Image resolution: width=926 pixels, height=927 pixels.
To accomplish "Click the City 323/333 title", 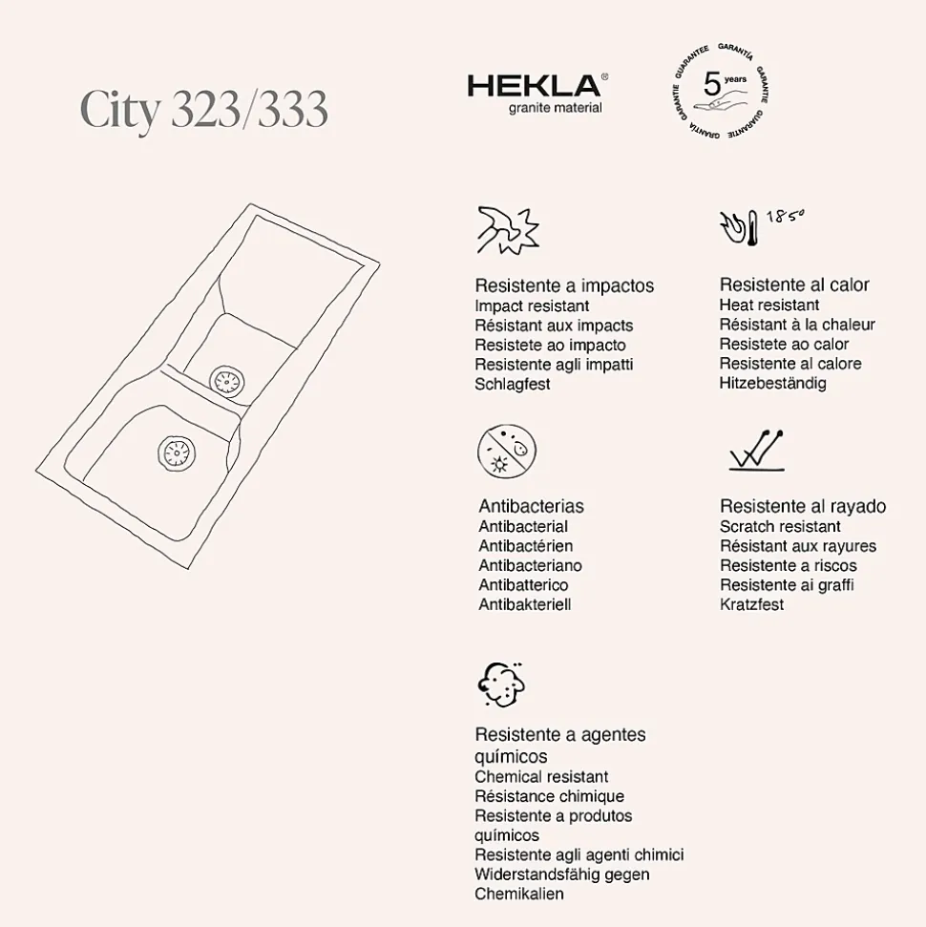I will tap(204, 112).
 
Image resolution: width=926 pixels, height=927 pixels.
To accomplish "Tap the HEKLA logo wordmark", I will tap(535, 86).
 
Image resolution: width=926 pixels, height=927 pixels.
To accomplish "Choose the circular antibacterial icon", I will tap(506, 453).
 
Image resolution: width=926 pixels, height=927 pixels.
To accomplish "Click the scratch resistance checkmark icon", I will tap(756, 450).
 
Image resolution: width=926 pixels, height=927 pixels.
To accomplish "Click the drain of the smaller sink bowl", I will tap(229, 380).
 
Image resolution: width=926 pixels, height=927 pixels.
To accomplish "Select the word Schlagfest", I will tap(513, 385).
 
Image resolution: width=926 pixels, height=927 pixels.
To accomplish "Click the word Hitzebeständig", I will tap(773, 384).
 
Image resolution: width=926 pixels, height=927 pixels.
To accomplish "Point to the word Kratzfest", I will tap(751, 604).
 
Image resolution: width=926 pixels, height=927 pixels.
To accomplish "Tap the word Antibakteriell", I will tap(524, 604).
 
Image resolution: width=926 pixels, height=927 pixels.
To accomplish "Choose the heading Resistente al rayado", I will tap(803, 506).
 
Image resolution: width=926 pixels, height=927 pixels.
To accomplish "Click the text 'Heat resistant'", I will tap(769, 305).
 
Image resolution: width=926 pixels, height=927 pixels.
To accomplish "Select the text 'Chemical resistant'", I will tap(541, 777).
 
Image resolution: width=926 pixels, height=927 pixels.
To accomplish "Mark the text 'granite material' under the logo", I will tap(555, 108).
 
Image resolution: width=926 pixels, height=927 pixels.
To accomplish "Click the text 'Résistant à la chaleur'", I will tap(797, 325).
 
